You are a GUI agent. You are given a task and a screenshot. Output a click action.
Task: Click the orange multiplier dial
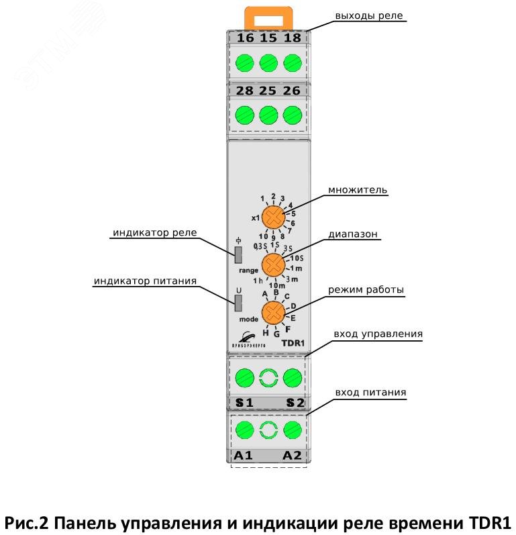pyautogui.click(x=273, y=217)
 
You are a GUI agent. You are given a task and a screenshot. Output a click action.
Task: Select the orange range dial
pyautogui.click(x=272, y=264)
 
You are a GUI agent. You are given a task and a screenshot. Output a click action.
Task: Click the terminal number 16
pyautogui.click(x=246, y=38)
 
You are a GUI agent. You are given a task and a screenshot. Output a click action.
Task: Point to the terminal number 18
pyautogui.click(x=292, y=38)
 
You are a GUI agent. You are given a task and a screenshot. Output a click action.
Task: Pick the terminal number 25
pyautogui.click(x=268, y=90)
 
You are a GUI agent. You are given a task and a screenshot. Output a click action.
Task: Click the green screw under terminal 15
pyautogui.click(x=268, y=63)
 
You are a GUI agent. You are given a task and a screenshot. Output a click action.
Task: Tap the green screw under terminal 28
pyautogui.click(x=246, y=114)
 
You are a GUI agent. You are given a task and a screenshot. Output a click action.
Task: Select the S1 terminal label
pyautogui.click(x=244, y=403)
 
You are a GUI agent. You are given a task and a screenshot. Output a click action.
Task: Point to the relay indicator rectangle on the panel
pyautogui.click(x=238, y=254)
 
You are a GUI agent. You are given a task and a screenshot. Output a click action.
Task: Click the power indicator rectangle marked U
pyautogui.click(x=238, y=303)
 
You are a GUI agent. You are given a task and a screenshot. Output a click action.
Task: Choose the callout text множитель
pyautogui.click(x=358, y=190)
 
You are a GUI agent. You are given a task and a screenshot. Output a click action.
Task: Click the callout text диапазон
pyautogui.click(x=354, y=234)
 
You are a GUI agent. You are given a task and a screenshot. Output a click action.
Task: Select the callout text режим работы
pyautogui.click(x=366, y=290)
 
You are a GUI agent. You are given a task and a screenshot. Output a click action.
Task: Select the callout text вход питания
pyautogui.click(x=370, y=391)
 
